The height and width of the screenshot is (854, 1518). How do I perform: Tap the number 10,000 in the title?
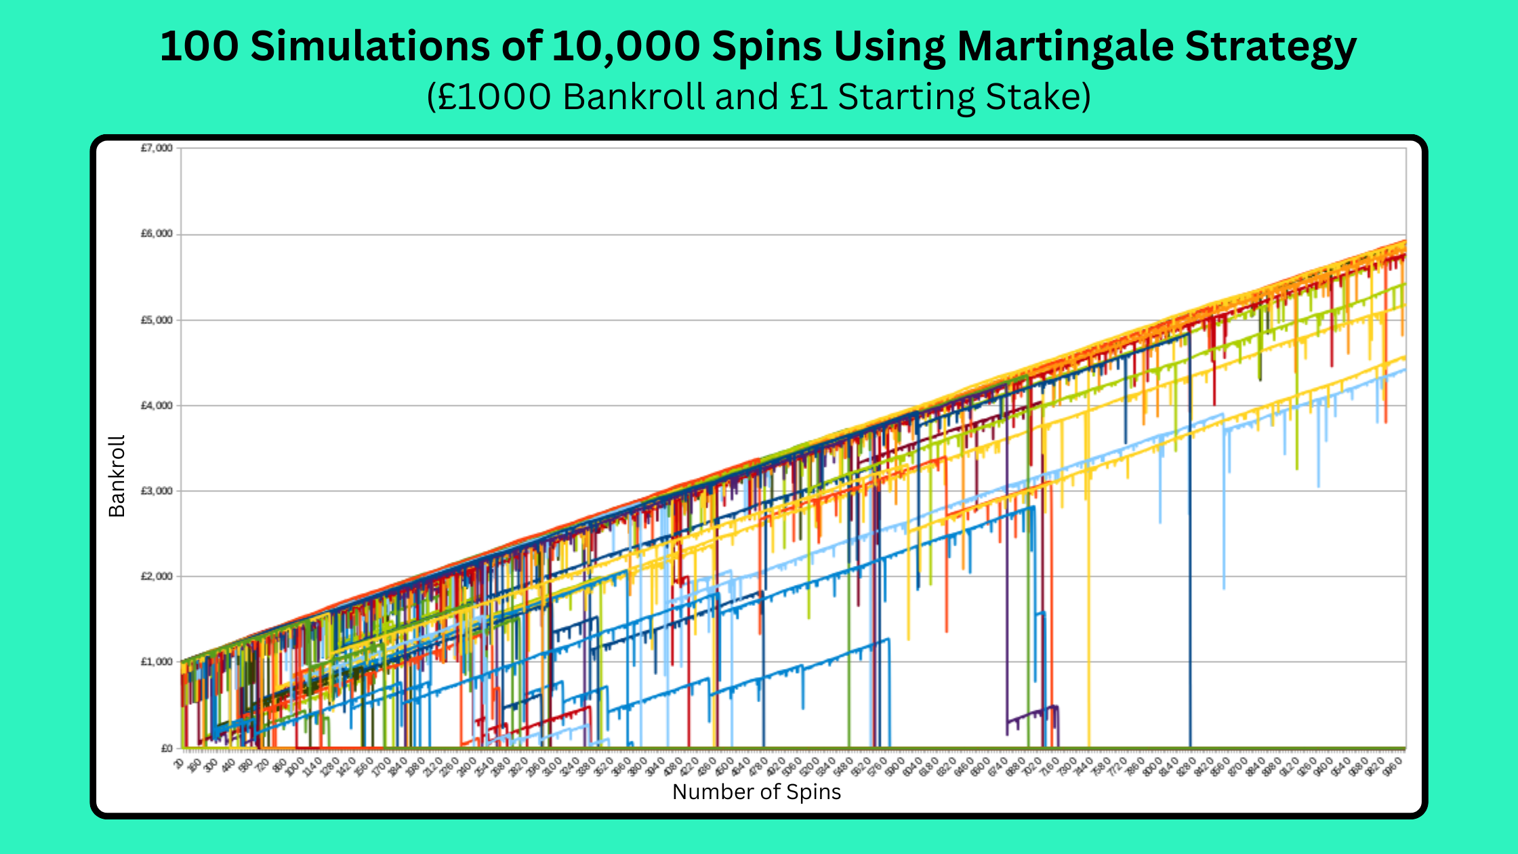pos(627,47)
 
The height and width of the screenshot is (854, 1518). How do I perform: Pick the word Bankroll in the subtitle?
pos(634,97)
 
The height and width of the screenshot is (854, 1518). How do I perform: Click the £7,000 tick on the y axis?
pos(157,148)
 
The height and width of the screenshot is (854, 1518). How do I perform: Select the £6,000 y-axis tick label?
pos(157,234)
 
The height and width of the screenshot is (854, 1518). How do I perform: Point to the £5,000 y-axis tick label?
pos(157,320)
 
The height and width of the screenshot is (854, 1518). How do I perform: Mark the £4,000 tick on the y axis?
pos(157,405)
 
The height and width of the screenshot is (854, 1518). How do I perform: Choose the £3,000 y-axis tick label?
pos(157,491)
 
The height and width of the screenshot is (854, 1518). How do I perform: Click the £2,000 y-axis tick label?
pos(157,576)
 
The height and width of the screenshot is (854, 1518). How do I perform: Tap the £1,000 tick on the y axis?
pos(157,662)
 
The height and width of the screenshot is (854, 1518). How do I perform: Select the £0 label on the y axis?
pos(166,748)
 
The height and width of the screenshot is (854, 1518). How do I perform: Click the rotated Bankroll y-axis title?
pos(117,476)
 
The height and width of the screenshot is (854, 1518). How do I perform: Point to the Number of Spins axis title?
pos(756,792)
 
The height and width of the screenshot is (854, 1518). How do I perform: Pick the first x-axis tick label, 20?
pos(178,764)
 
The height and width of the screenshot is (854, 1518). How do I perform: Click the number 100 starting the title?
pos(199,47)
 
